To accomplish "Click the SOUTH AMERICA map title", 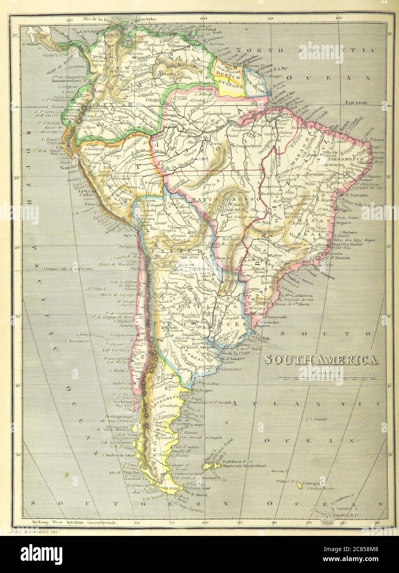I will point(321,359).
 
